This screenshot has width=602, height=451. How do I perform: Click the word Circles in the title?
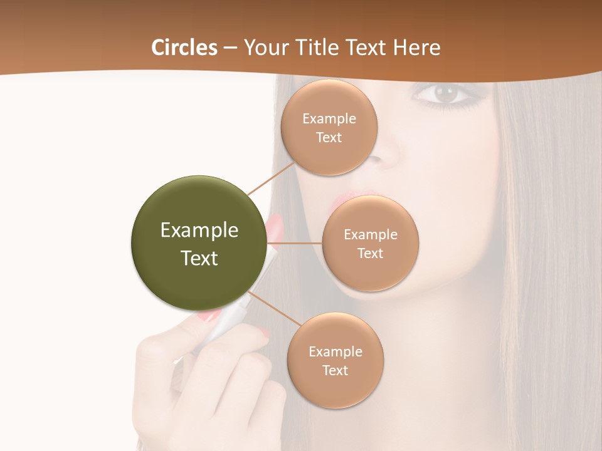[x=184, y=48]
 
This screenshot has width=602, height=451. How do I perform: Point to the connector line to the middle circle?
[x=295, y=243]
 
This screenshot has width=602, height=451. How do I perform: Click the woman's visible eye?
[x=446, y=95]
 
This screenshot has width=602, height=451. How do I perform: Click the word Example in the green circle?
[x=199, y=231]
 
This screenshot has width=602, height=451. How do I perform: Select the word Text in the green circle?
[x=199, y=258]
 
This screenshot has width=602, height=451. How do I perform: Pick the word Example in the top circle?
[x=329, y=119]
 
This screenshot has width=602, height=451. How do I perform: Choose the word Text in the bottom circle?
[x=335, y=370]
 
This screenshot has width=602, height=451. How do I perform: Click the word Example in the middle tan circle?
[x=371, y=235]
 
